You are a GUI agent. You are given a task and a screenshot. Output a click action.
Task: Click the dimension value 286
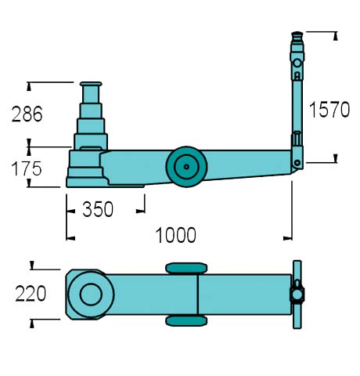pos(27,114)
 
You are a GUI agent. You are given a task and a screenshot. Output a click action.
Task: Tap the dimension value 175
pos(27,168)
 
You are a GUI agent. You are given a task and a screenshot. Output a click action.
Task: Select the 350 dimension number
pos(98,209)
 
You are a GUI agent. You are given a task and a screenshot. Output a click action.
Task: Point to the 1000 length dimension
pos(175,235)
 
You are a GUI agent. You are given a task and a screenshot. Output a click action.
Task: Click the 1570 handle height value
pos(329,110)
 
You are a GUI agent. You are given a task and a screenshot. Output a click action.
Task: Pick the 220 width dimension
pos(31,294)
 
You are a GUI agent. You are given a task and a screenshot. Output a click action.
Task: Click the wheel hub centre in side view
pos(186,167)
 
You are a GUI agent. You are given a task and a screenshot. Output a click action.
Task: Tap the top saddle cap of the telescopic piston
pos(91,84)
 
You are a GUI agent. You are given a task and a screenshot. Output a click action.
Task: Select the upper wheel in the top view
pos(186,268)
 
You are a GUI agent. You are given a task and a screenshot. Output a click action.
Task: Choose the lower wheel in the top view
pos(186,321)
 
